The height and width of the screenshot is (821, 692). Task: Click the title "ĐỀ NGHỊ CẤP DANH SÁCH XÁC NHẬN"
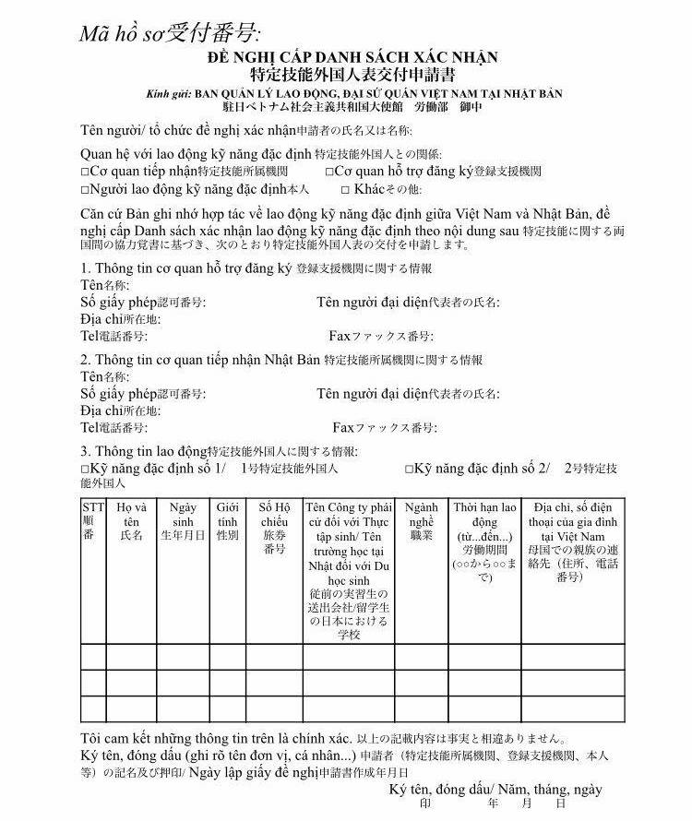352,57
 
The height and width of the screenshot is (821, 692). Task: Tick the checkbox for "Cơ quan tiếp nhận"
85,172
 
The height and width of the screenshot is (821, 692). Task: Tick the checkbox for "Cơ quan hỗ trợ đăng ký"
329,172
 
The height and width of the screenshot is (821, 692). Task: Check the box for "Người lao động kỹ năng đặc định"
85,189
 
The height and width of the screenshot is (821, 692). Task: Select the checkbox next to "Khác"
345,189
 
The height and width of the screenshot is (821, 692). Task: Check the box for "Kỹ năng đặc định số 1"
85,469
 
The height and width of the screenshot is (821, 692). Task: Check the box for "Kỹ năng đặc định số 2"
409,469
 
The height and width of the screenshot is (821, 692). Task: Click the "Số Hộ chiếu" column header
274,528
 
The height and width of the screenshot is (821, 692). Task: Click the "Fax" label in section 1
341,336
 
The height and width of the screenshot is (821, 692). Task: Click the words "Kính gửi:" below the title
165,94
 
